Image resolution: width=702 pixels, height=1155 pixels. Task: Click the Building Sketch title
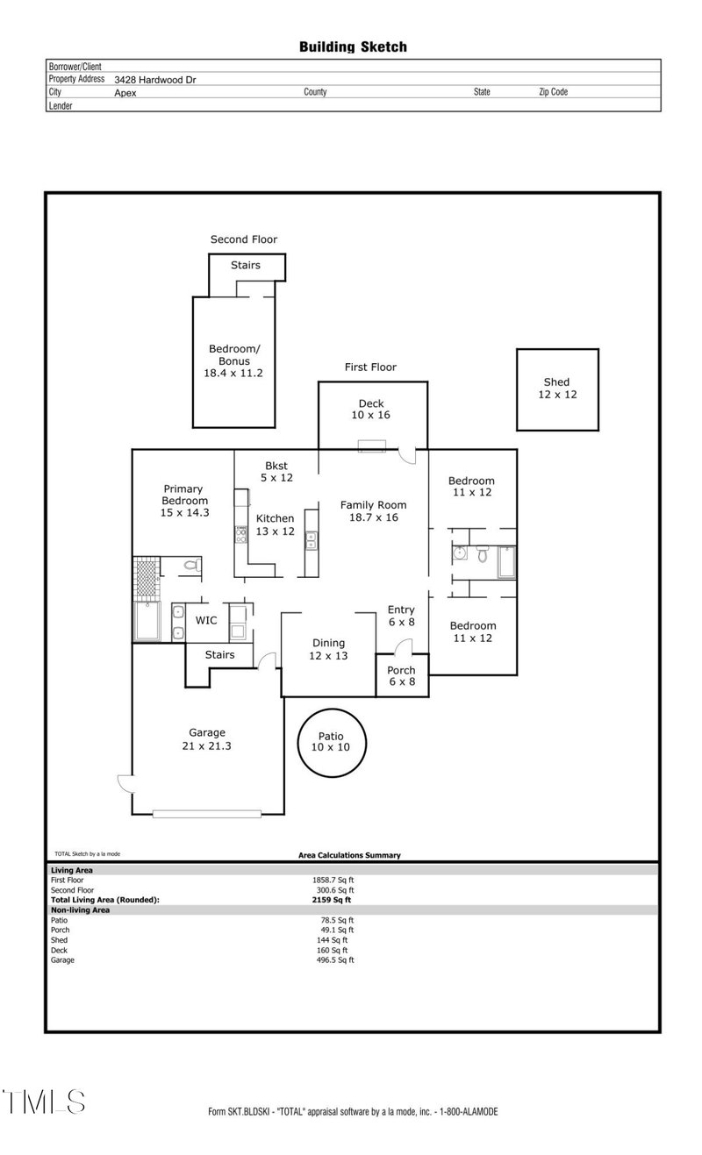click(x=353, y=46)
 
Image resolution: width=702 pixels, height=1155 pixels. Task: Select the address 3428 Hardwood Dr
click(x=154, y=79)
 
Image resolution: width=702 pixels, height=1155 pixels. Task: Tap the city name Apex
click(x=125, y=92)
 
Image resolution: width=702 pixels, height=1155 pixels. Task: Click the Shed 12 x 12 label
click(x=556, y=389)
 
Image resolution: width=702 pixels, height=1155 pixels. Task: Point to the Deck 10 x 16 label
click(x=370, y=410)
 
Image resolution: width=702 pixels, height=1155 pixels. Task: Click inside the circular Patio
click(x=330, y=742)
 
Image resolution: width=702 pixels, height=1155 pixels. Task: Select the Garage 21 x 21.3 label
click(x=207, y=739)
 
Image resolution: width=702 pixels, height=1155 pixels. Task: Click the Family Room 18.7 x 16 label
click(x=373, y=511)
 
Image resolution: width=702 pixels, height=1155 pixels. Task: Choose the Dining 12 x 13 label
click(x=328, y=649)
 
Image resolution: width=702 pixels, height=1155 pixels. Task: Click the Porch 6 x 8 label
click(x=402, y=675)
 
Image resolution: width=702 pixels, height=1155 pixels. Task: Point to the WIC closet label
click(x=206, y=620)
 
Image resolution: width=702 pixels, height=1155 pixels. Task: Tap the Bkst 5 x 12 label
click(x=276, y=472)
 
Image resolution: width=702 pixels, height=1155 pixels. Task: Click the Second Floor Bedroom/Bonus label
click(x=229, y=360)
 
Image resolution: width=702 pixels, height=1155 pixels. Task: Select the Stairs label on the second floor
click(x=245, y=265)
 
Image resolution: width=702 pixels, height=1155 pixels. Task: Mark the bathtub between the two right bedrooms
click(x=506, y=561)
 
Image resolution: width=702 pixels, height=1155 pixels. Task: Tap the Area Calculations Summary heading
click(x=349, y=855)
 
